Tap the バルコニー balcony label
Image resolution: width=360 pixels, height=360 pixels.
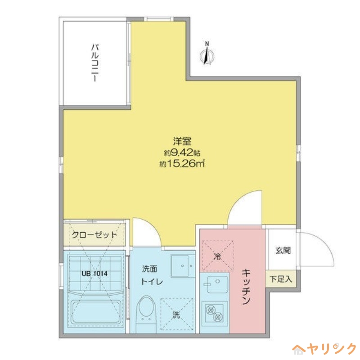tap(94, 63)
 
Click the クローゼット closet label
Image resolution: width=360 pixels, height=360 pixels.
tap(94, 235)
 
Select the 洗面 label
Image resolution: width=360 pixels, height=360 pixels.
tap(149, 269)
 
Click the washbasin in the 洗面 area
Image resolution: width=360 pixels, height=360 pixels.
tap(182, 266)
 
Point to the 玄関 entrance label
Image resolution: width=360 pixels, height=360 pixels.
tap(282, 250)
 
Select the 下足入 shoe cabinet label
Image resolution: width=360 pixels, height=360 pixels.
tap(281, 279)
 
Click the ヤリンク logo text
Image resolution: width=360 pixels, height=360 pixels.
tap(330, 349)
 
